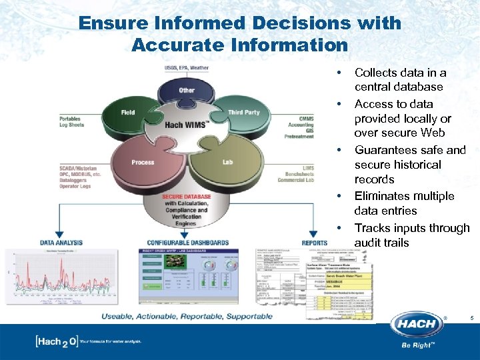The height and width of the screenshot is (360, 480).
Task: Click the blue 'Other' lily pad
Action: coord(187,90)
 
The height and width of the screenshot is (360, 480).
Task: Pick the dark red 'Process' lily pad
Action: coord(143,162)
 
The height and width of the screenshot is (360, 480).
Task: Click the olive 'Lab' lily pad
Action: coord(227,162)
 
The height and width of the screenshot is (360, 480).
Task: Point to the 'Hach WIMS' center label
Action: coord(186,125)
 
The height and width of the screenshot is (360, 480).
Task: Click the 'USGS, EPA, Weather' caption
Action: coord(186,68)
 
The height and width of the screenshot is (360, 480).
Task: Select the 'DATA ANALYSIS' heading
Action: coord(61,243)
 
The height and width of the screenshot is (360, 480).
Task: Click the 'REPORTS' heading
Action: coord(314,243)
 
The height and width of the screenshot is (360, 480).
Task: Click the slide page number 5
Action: coord(471,319)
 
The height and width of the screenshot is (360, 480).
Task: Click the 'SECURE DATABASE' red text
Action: coord(186,197)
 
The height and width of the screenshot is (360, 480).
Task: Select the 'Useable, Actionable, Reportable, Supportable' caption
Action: coord(187,316)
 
